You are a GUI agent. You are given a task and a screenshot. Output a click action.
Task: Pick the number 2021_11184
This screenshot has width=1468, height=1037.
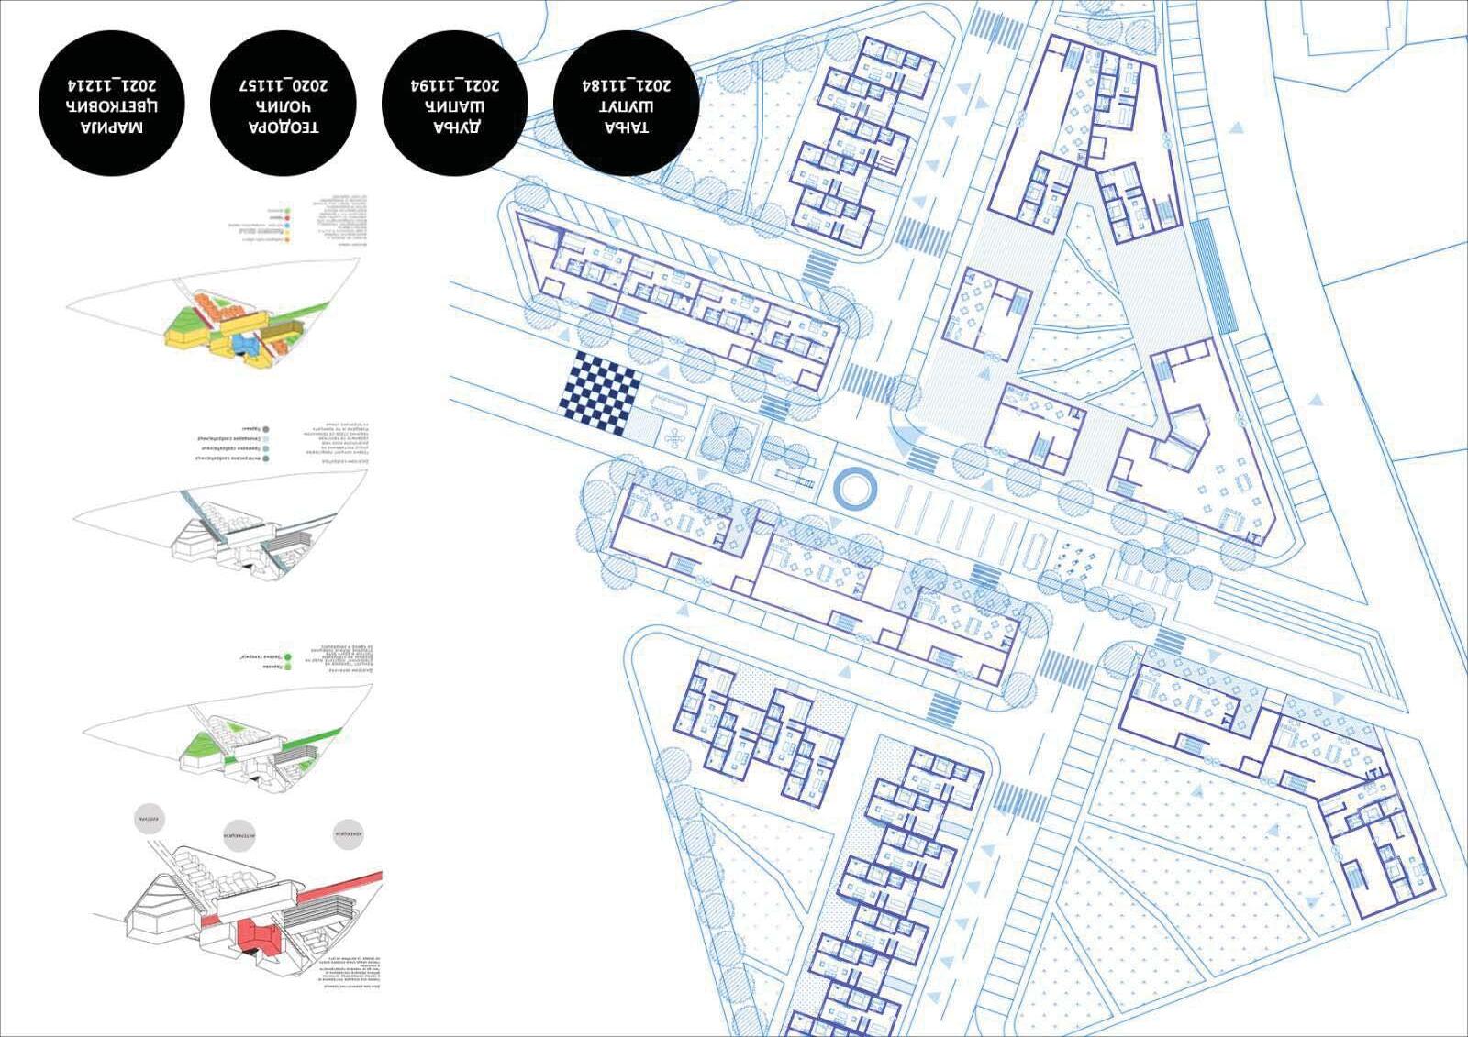point(627,85)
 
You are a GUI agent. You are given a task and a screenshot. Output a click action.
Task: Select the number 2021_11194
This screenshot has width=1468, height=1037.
point(455,85)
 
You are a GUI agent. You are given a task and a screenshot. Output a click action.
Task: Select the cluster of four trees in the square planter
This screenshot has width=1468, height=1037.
point(728,436)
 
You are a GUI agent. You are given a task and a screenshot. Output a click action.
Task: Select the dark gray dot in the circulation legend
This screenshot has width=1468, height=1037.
point(265,429)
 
